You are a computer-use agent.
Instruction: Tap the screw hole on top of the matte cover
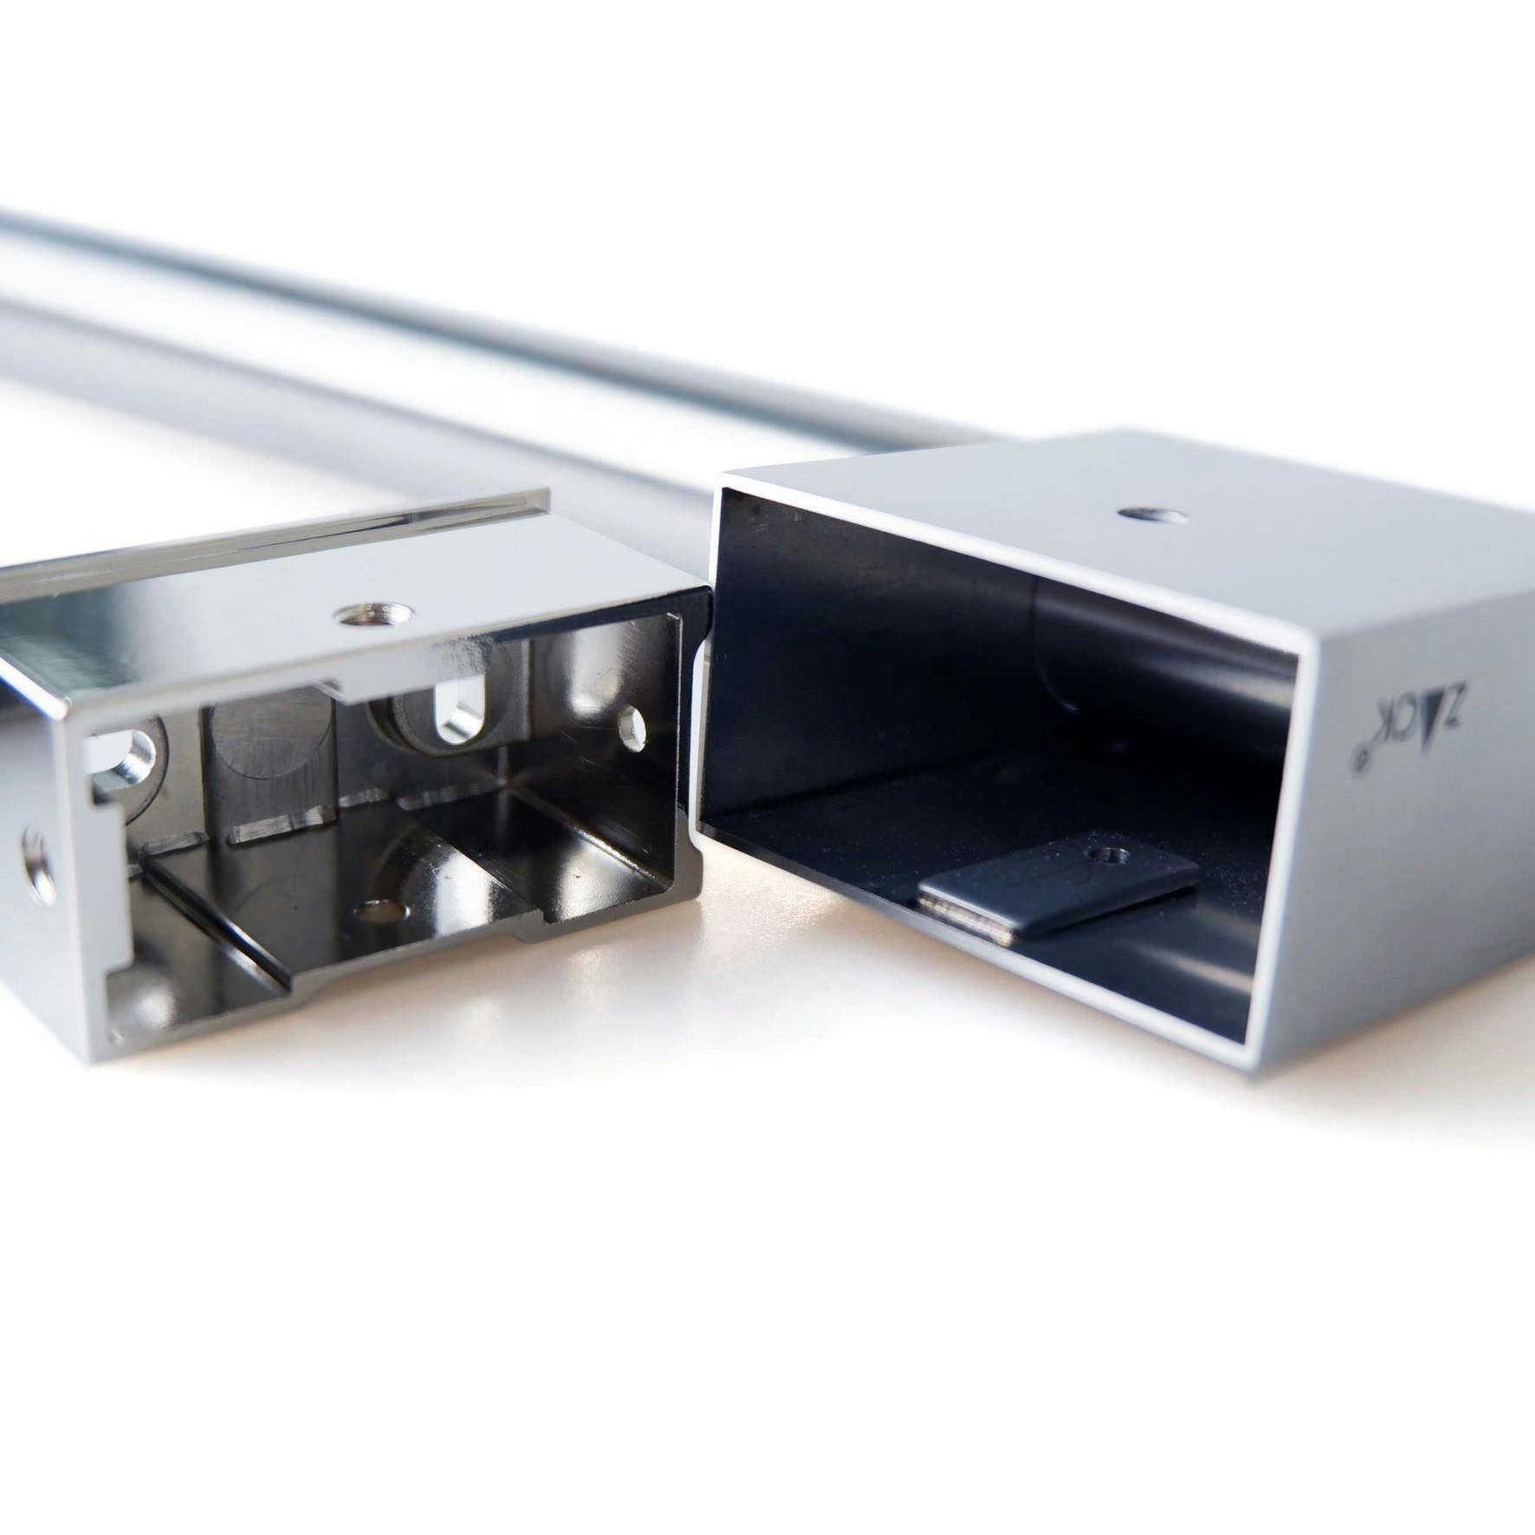click(1152, 515)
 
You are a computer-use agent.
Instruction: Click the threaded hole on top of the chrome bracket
click(374, 614)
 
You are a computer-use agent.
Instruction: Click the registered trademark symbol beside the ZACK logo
click(1360, 760)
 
